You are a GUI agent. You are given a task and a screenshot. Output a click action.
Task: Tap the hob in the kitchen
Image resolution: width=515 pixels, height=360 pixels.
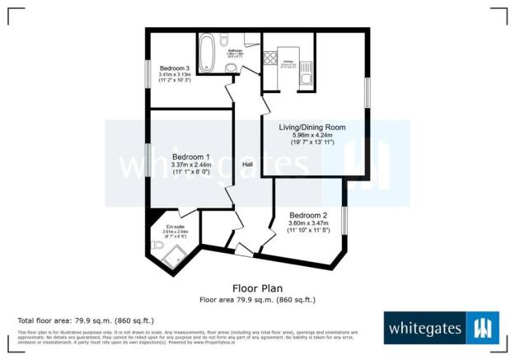click(x=269, y=58)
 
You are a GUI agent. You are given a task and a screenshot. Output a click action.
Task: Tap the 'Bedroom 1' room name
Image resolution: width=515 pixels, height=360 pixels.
click(x=190, y=157)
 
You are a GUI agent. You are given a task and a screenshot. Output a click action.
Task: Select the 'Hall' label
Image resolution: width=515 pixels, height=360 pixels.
click(x=247, y=165)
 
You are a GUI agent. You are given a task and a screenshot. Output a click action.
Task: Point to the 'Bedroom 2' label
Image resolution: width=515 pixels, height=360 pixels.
click(x=307, y=213)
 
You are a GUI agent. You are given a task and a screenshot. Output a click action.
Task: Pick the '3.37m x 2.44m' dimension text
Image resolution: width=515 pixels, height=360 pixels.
click(x=190, y=165)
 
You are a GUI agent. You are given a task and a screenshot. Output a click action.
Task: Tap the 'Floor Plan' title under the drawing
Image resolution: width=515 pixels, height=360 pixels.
click(x=257, y=289)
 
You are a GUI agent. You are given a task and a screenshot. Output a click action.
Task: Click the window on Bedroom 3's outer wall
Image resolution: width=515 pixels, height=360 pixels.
click(x=148, y=72)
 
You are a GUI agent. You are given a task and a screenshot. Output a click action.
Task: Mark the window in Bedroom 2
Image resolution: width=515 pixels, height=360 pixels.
click(x=344, y=223)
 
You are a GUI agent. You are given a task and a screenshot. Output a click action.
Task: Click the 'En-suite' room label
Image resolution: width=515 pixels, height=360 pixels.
click(x=175, y=227)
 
